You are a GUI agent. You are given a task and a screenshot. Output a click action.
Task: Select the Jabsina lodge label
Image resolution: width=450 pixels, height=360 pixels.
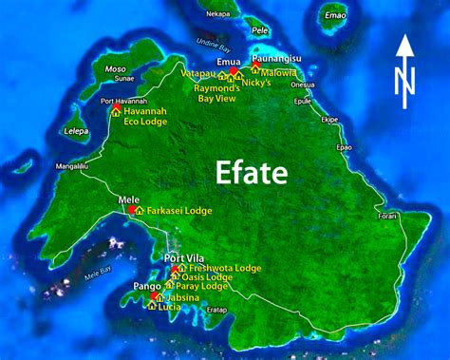click(179, 297)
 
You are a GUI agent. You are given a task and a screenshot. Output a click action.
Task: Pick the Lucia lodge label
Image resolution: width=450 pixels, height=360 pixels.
click(170, 307)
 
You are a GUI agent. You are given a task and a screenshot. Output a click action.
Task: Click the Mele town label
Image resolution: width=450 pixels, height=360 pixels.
click(128, 199)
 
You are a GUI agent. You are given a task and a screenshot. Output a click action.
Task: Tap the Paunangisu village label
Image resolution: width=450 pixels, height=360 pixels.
click(274, 60)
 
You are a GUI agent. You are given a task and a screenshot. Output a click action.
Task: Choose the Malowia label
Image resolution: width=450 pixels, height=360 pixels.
click(279, 70)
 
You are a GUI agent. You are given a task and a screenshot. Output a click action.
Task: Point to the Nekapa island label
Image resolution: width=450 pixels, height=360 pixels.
click(217, 14)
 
